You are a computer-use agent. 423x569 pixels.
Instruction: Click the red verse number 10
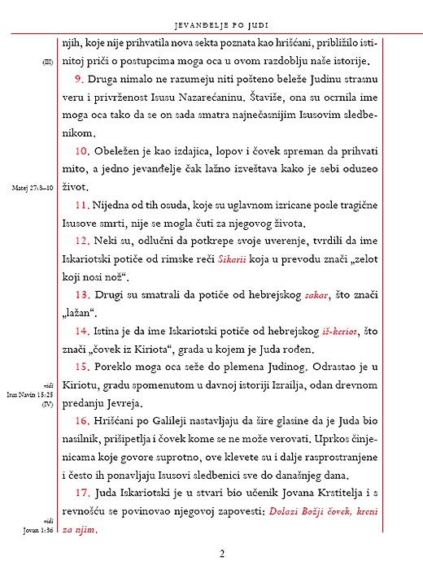coord(82,151)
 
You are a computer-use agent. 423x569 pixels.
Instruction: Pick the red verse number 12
coord(82,241)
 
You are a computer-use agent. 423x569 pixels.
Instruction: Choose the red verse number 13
coord(82,294)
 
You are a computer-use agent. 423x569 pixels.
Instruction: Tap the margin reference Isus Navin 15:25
coord(33,394)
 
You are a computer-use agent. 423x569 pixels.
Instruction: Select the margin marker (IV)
coord(48,403)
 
